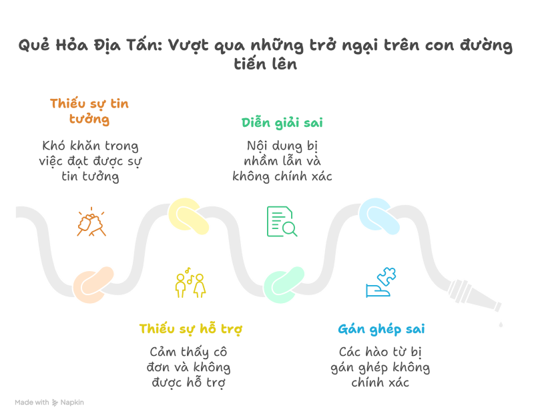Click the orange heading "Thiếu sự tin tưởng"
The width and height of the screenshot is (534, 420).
pos(89,112)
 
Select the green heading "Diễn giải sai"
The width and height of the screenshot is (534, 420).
pos(282,123)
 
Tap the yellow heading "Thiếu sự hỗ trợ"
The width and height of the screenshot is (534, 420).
pos(190,329)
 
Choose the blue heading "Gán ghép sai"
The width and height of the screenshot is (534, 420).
pos(381,329)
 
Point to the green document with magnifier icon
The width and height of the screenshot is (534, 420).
pos(282,222)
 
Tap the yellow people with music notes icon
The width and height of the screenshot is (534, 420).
pos(190,284)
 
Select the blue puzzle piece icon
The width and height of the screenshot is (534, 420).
pos(381,282)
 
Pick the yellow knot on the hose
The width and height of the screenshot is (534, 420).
pos(189,216)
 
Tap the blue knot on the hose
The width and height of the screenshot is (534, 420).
pos(379,216)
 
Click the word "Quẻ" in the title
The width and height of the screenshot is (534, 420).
pos(32,46)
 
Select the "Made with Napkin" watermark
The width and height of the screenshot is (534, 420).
pos(49,403)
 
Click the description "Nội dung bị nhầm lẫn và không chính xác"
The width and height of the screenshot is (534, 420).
pos(282,160)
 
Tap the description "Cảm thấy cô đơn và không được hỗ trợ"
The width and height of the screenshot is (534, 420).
pos(189,367)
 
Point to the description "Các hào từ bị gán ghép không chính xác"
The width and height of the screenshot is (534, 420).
pos(380,367)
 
